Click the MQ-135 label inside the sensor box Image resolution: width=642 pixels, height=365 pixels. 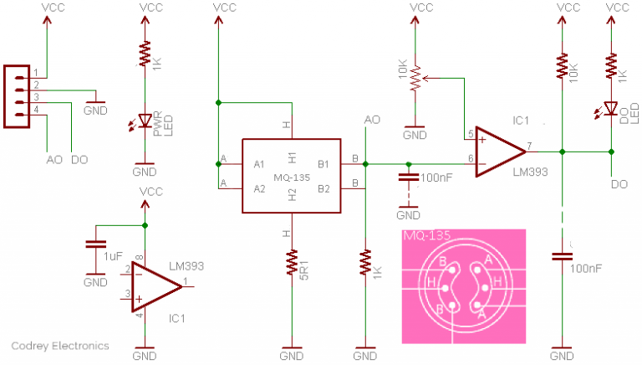(x=292, y=176)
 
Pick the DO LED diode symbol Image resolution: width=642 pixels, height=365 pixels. (x=611, y=108)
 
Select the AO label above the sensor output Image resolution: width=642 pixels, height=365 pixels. (x=372, y=120)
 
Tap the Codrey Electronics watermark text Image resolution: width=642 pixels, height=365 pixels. (x=60, y=345)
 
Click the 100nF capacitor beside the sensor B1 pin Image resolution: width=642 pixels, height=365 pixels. (x=408, y=177)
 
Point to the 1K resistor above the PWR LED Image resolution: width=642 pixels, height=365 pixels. (x=145, y=57)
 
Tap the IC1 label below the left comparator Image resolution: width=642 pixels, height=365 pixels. (x=176, y=318)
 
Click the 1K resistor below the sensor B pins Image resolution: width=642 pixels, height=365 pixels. (x=365, y=264)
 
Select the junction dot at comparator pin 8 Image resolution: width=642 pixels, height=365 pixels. (x=145, y=226)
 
